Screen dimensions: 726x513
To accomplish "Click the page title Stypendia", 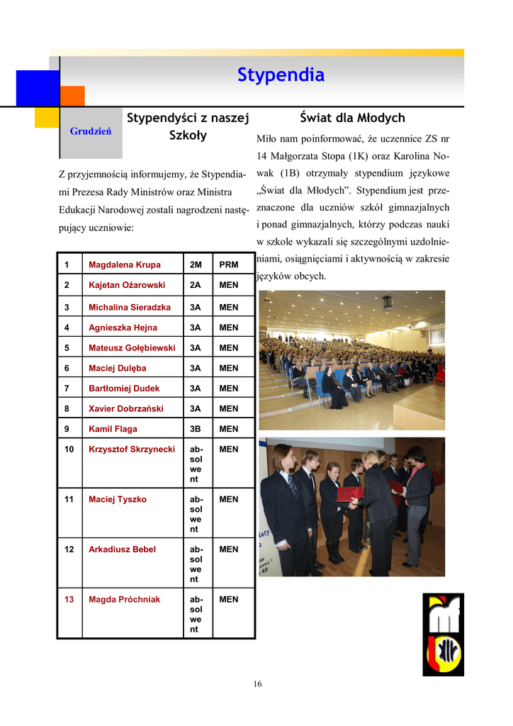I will click(x=281, y=75).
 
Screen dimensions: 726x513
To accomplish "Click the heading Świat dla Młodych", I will click(x=351, y=118).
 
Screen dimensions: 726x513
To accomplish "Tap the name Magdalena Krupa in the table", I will click(x=124, y=264).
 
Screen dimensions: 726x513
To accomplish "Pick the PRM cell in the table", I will click(x=228, y=264).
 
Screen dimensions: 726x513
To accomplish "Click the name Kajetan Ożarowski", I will click(x=127, y=285).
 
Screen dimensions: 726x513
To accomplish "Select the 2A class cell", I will click(x=196, y=285).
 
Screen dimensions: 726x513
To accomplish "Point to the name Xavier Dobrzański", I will click(x=125, y=408).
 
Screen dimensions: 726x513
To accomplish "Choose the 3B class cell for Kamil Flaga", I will click(x=196, y=429).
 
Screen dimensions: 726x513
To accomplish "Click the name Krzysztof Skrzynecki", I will click(x=131, y=449).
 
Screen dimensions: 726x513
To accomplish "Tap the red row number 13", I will click(x=69, y=599).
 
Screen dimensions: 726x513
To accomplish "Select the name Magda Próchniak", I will click(x=124, y=599).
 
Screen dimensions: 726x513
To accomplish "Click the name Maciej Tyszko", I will click(x=117, y=499).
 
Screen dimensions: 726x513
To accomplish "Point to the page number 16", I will click(x=257, y=684).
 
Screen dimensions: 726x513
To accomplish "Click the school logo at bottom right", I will click(x=443, y=635).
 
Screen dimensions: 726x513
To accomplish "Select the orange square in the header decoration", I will click(x=72, y=96).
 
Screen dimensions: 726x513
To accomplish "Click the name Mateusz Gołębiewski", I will click(x=131, y=347).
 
